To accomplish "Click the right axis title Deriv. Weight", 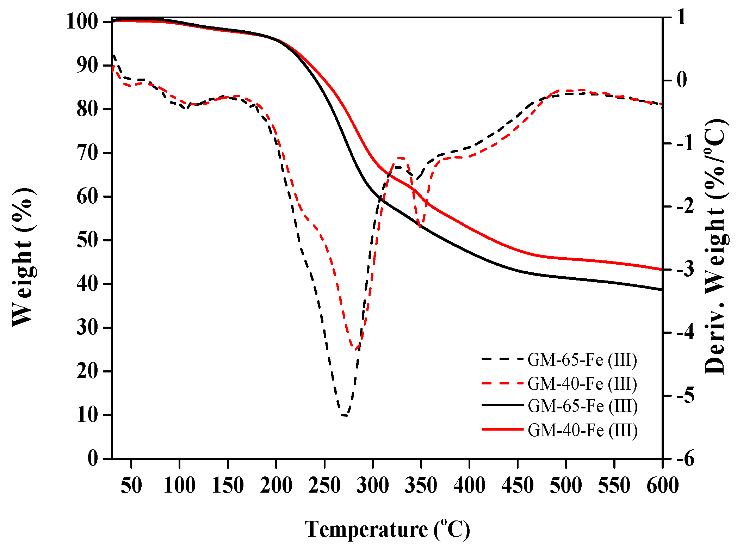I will [x=715, y=247].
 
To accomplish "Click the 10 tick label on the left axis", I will [x=87, y=415].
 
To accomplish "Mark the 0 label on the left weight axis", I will [x=93, y=458].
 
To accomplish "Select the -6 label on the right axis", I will [x=685, y=458].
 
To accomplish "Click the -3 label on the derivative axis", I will [x=685, y=270].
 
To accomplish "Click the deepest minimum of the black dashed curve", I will [x=345, y=415].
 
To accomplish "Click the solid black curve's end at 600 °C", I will [x=662, y=290].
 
